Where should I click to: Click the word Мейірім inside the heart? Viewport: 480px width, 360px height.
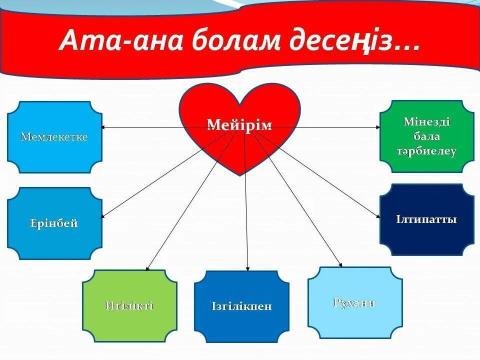pyautogui.click(x=239, y=125)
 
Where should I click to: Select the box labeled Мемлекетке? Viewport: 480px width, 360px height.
pyautogui.click(x=54, y=137)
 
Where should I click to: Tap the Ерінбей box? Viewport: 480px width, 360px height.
pyautogui.click(x=54, y=223)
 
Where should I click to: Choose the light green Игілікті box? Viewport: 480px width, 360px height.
pyautogui.click(x=129, y=306)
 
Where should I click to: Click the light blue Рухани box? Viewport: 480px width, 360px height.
pyautogui.click(x=354, y=302)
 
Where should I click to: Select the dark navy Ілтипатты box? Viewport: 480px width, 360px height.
pyautogui.click(x=426, y=219)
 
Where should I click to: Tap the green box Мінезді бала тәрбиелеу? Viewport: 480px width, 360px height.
pyautogui.click(x=426, y=136)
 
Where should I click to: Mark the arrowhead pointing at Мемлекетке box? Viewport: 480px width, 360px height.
pyautogui.click(x=104, y=127)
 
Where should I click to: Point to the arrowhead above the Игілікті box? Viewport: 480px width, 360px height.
pyautogui.click(x=148, y=268)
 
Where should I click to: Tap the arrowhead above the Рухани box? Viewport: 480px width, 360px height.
pyautogui.click(x=340, y=264)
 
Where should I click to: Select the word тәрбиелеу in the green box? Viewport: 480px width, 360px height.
pyautogui.click(x=426, y=152)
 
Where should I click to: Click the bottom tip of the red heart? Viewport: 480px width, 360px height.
pyautogui.click(x=240, y=174)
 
